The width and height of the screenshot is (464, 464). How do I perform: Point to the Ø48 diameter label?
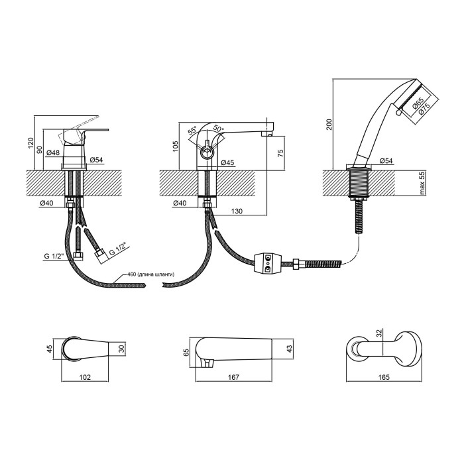pos(53,152)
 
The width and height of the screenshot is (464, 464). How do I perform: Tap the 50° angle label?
pos(219,129)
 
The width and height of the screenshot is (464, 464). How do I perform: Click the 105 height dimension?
pos(176,146)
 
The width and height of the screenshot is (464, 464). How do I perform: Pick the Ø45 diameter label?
pos(227,162)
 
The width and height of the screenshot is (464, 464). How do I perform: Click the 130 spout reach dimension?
pos(237,211)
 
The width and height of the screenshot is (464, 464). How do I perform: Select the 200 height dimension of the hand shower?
pos(329,125)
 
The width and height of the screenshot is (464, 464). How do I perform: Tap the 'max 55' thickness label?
pos(422,183)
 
